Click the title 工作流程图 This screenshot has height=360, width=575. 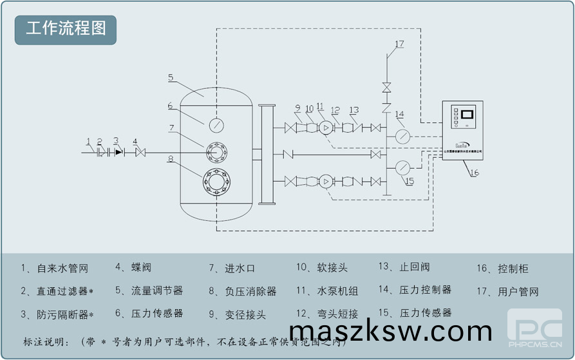(x=66, y=30)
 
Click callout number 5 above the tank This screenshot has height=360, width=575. (x=171, y=77)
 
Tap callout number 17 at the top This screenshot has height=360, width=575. (x=399, y=44)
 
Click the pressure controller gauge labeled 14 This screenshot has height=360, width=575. (x=403, y=136)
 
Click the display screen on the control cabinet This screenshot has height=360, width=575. (x=468, y=117)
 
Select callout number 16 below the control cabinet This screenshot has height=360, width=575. (x=474, y=173)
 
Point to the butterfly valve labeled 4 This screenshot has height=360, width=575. (x=140, y=153)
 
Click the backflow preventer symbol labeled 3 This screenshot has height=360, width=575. (x=118, y=153)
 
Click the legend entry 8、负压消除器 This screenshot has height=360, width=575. (x=242, y=291)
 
